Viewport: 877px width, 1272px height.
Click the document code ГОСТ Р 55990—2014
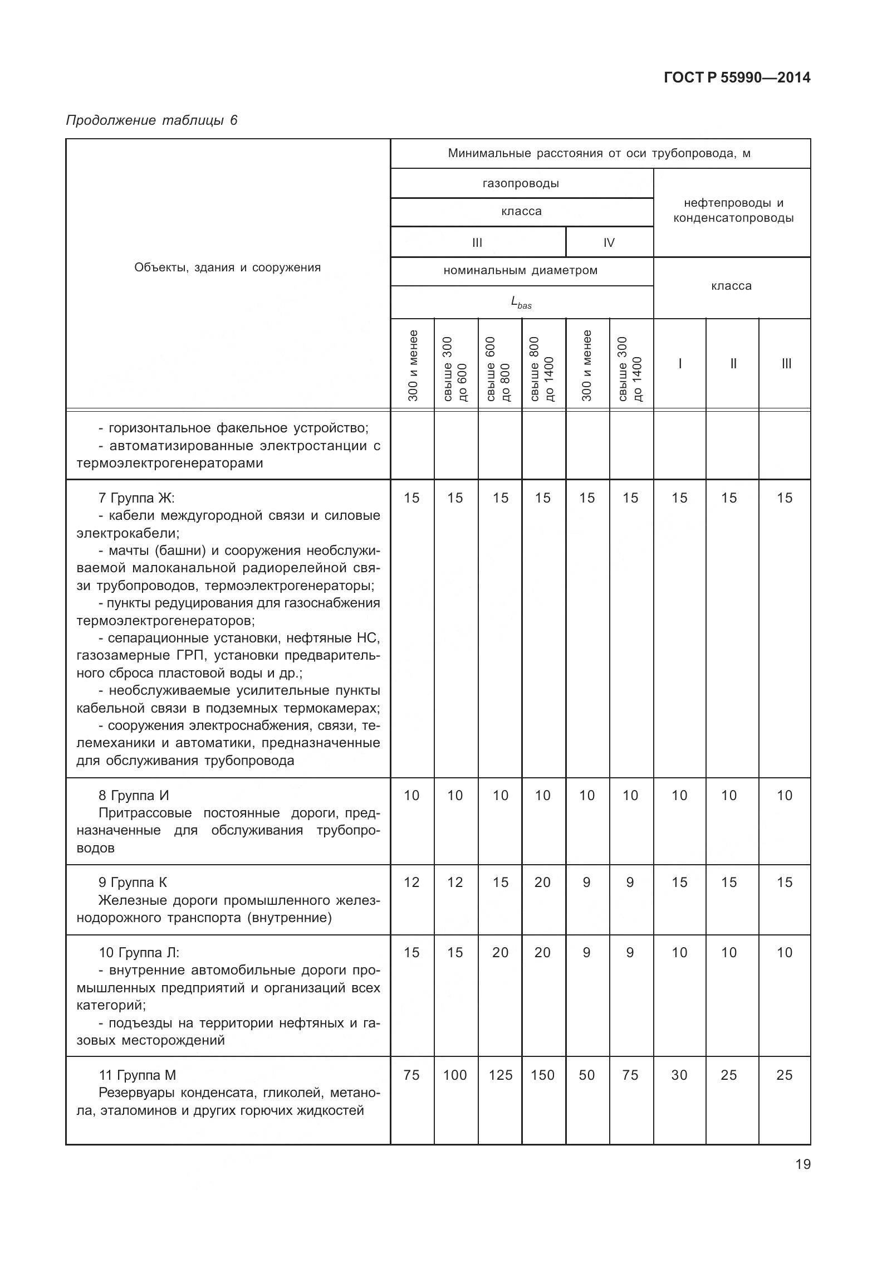pos(737,78)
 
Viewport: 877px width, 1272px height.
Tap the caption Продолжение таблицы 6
pos(151,120)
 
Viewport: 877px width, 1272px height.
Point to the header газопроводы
pos(521,183)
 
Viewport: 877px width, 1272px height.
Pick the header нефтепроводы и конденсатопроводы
pos(733,211)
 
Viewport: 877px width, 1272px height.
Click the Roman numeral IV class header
pos(609,242)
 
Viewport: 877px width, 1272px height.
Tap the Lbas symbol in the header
pos(521,303)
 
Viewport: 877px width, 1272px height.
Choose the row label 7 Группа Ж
pos(136,498)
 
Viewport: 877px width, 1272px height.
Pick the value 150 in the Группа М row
pos(542,1075)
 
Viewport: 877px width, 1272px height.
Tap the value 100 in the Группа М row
pos(455,1075)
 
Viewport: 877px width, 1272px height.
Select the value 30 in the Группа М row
pos(679,1075)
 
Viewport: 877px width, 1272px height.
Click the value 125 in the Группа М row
pos(500,1075)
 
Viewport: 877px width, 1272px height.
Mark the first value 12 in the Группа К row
pos(411,882)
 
